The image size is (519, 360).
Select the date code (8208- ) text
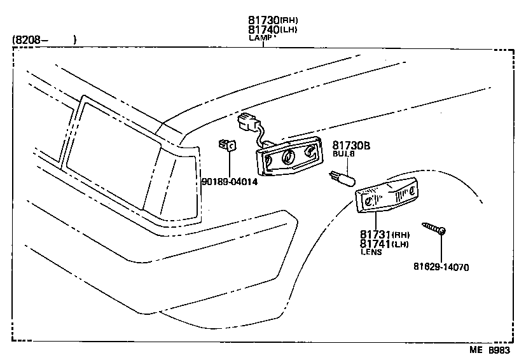[x=44, y=40]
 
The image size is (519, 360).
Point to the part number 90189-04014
[x=230, y=182]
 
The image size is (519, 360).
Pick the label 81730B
[x=352, y=146]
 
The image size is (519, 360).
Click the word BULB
[x=343, y=155]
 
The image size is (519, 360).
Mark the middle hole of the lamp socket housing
[x=288, y=156]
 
